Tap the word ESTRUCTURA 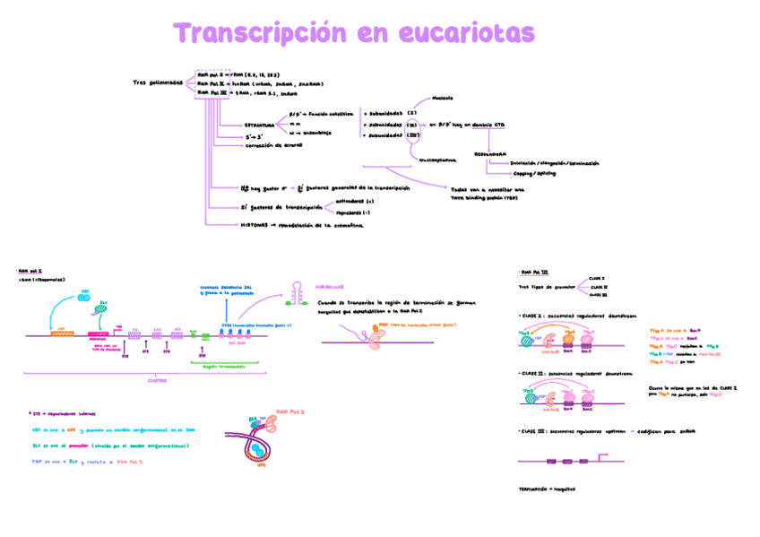point(260,126)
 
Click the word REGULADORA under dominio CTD point(490,153)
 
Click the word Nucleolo point(442,98)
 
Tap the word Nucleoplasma point(437,160)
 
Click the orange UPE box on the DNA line point(62,330)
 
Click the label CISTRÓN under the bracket point(157,380)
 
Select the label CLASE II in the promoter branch point(597,287)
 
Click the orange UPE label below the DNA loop point(262,465)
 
